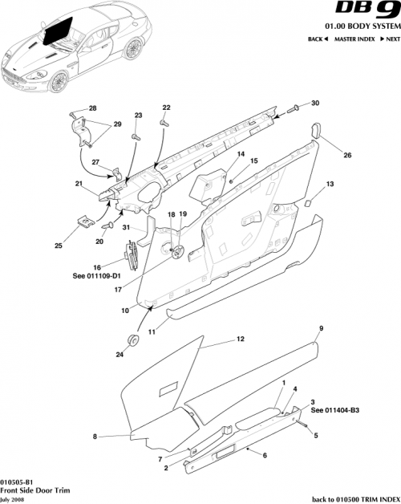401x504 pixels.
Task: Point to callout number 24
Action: click(121, 353)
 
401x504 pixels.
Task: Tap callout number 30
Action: click(314, 103)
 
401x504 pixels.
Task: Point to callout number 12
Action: click(240, 339)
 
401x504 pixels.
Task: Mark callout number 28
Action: click(91, 108)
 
